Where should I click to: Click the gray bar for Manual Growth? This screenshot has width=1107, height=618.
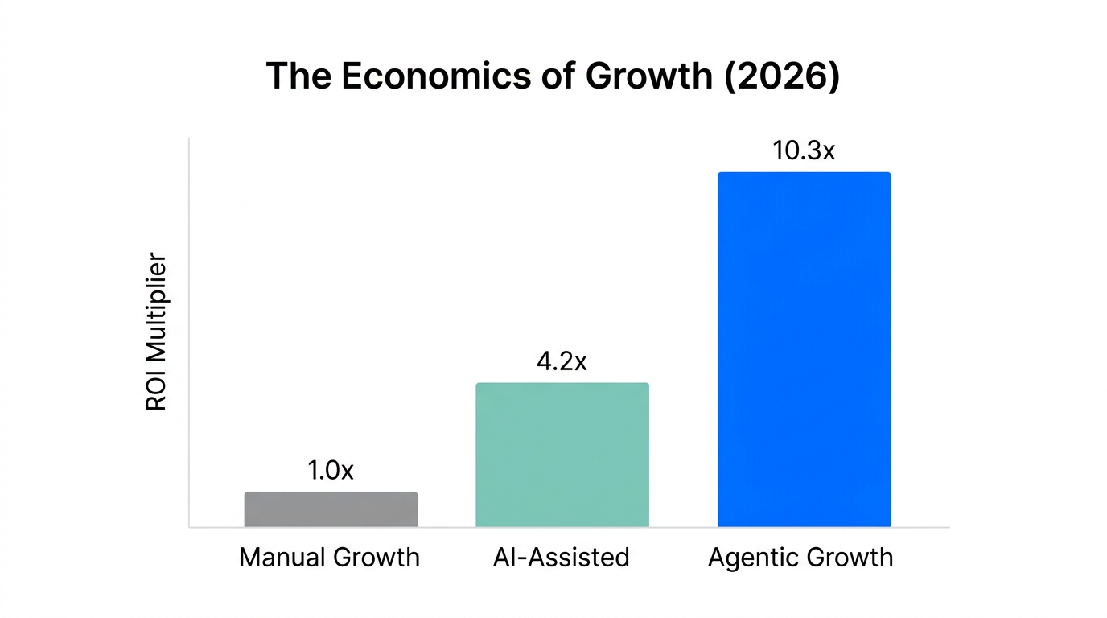click(331, 509)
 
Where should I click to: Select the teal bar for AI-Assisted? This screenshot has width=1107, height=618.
click(562, 455)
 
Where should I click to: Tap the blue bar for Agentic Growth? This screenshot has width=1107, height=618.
click(804, 350)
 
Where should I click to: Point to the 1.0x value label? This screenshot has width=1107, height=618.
click(331, 471)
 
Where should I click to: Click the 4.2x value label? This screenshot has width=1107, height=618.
click(562, 361)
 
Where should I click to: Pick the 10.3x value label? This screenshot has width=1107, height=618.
click(804, 150)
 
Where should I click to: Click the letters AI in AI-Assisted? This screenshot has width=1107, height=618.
click(502, 558)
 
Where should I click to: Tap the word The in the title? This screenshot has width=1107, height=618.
click(296, 76)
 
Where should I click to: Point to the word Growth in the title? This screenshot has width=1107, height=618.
click(648, 76)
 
